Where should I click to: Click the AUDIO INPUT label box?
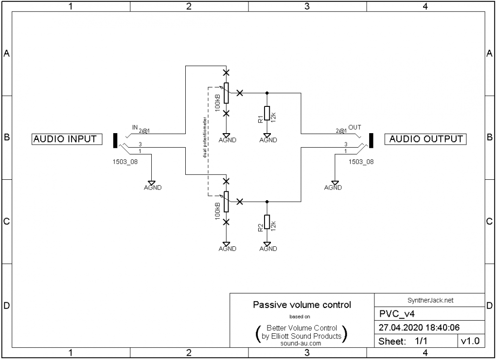click(x=65, y=139)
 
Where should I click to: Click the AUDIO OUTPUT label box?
click(x=425, y=139)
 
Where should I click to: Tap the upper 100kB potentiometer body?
click(x=226, y=93)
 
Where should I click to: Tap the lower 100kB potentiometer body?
click(x=226, y=202)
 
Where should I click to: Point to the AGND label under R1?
click(x=268, y=140)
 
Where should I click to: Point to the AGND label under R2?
click(x=268, y=249)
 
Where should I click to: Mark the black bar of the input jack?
click(x=115, y=140)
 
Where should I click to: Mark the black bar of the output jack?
click(x=371, y=140)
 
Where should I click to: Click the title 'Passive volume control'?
click(x=301, y=305)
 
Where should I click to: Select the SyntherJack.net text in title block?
click(x=430, y=301)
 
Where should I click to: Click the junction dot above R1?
click(x=266, y=92)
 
